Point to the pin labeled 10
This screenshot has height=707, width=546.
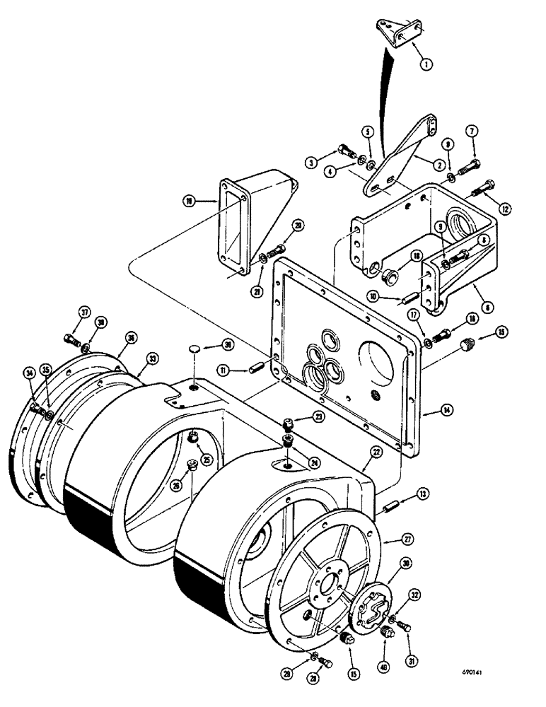(x=409, y=297)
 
